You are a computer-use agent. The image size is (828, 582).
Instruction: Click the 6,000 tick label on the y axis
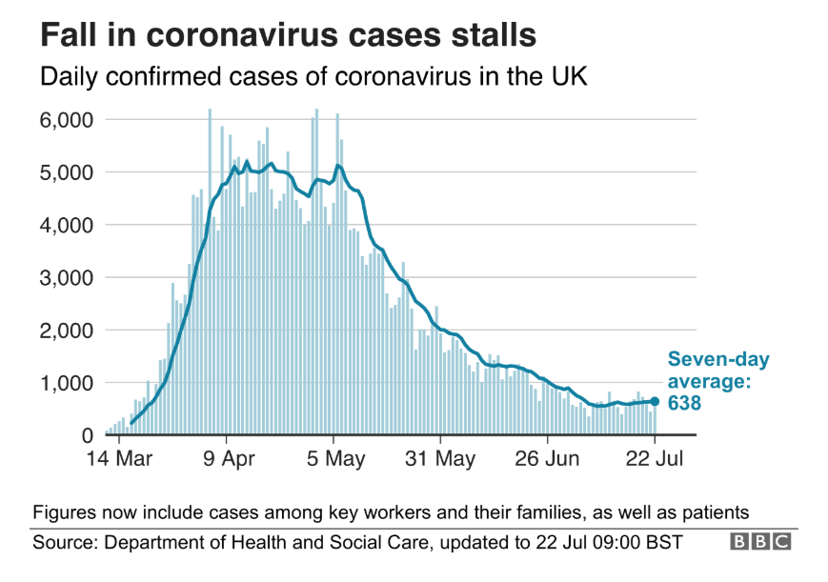point(66,120)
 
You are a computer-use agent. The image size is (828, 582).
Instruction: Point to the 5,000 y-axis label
point(66,172)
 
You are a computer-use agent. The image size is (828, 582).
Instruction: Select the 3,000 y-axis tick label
point(66,278)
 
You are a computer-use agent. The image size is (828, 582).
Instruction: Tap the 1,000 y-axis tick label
point(66,383)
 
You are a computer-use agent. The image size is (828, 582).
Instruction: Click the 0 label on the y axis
point(86,435)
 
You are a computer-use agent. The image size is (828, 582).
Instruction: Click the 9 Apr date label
point(228,459)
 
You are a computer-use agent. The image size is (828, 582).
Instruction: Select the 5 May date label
point(334,459)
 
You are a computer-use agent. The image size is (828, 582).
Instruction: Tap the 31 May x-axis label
point(441,459)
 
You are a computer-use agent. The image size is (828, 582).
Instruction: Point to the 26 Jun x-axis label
point(548,459)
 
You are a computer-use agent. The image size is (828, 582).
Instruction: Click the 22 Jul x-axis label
point(655,459)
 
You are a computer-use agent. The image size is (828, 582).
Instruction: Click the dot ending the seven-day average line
point(655,401)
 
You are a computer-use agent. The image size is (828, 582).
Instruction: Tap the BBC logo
point(760,542)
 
